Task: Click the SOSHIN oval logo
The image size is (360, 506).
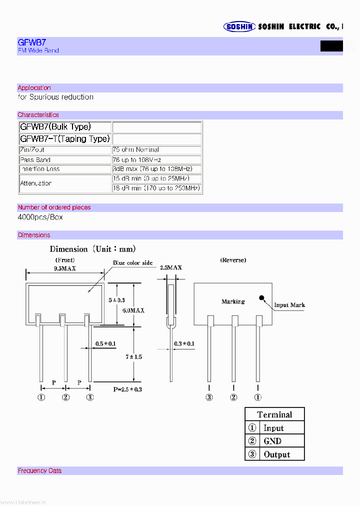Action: pos(239,27)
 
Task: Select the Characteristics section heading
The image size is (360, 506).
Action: pos(38,115)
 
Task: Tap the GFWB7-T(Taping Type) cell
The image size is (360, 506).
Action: pos(64,139)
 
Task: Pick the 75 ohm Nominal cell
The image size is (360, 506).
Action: pos(136,150)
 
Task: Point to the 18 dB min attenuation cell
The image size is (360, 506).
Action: pos(156,188)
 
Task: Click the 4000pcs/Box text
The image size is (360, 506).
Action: pos(40,217)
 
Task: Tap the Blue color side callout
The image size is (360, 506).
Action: pos(132,263)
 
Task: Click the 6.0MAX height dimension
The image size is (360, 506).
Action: pos(133,310)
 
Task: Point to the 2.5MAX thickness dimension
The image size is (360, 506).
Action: pos(170,268)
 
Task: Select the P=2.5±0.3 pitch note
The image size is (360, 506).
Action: pos(127,388)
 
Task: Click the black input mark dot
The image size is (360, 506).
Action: pos(261,298)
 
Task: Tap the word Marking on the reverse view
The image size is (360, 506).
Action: pos(233,301)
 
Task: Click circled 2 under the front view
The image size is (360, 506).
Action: pos(65,397)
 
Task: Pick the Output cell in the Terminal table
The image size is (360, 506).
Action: pos(276,454)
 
